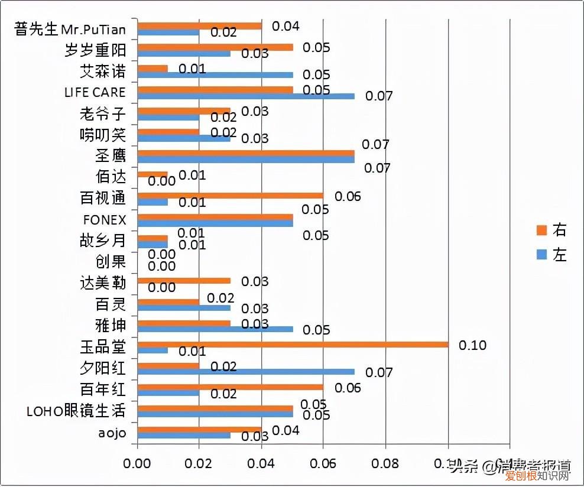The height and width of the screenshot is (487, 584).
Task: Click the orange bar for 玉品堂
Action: [x=293, y=345]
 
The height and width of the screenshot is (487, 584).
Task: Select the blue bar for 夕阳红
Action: [x=245, y=372]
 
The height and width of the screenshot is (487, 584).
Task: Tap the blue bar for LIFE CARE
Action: [x=245, y=96]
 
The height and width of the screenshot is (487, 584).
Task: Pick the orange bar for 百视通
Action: [x=230, y=196]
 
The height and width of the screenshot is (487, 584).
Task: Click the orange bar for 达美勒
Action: [x=183, y=281]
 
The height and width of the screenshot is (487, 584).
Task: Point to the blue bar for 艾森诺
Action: [x=215, y=74]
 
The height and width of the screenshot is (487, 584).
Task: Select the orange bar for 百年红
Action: [x=230, y=387]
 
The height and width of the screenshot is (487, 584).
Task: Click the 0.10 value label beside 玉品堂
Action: [x=472, y=345]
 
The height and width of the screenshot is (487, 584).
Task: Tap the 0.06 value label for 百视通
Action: [x=348, y=196]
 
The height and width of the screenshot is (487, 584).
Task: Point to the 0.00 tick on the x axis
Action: [x=137, y=465]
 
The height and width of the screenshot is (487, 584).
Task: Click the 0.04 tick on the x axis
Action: [x=261, y=465]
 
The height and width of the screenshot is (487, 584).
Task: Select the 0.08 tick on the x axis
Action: [x=385, y=465]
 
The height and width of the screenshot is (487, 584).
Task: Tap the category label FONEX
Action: [x=104, y=220]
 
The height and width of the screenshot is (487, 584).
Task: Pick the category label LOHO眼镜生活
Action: [x=76, y=411]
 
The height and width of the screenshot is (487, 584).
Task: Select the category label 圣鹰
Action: [x=111, y=156]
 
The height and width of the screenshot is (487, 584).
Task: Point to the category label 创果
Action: [x=111, y=262]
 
